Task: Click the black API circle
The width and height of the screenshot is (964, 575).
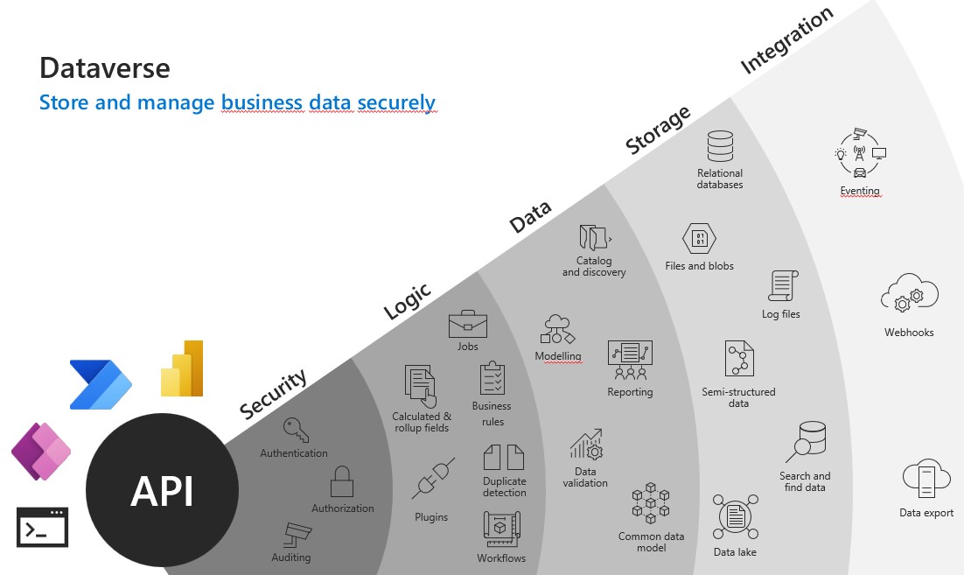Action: [162, 490]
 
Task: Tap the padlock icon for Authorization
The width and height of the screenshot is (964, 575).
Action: [341, 482]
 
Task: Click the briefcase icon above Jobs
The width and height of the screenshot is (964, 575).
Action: [468, 324]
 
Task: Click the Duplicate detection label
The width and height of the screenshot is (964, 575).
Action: [505, 487]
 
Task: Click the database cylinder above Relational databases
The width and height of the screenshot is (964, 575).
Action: [720, 147]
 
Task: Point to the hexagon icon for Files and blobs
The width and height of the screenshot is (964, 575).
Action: [699, 239]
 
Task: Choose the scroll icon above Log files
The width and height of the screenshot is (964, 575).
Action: [780, 286]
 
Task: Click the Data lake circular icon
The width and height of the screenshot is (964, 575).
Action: [735, 518]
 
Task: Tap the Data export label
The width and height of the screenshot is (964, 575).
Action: [926, 513]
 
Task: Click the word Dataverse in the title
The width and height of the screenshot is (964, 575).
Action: [104, 67]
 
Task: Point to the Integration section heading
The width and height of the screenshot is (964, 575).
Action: [787, 41]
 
